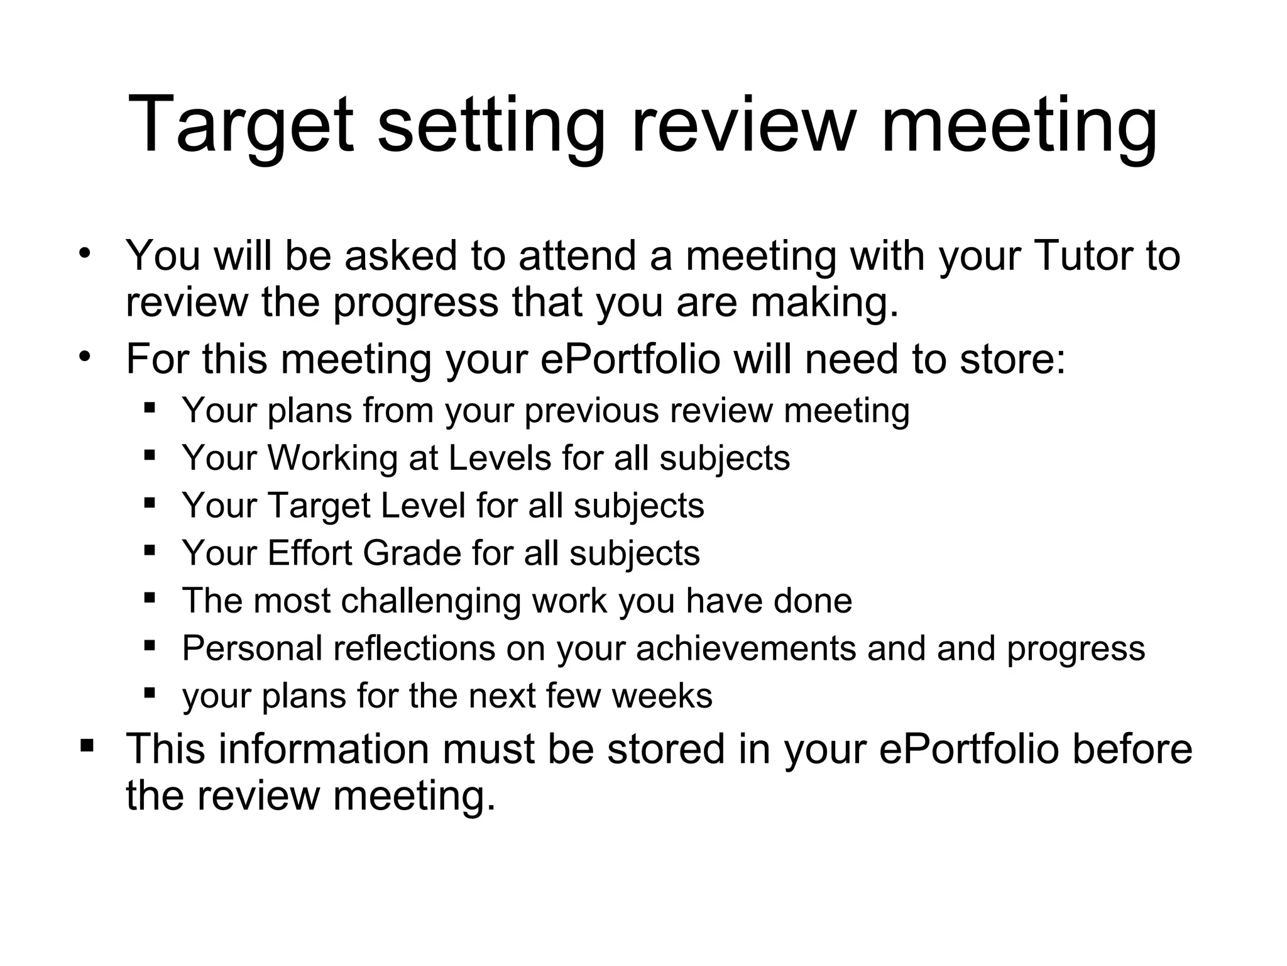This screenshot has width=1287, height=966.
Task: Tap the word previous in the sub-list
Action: coord(592,410)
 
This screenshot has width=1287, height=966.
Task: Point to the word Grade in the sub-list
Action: coord(412,553)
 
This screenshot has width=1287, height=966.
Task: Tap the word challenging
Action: coord(430,601)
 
